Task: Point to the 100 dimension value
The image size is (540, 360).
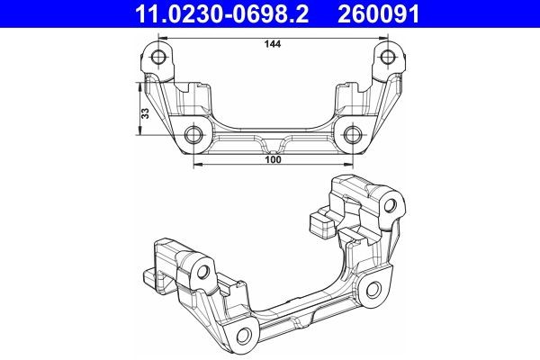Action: pyautogui.click(x=273, y=160)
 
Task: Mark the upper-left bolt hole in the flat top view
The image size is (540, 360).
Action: pyautogui.click(x=160, y=58)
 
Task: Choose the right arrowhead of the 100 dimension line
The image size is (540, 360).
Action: pyautogui.click(x=348, y=167)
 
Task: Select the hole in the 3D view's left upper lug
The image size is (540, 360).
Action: pyautogui.click(x=204, y=272)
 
